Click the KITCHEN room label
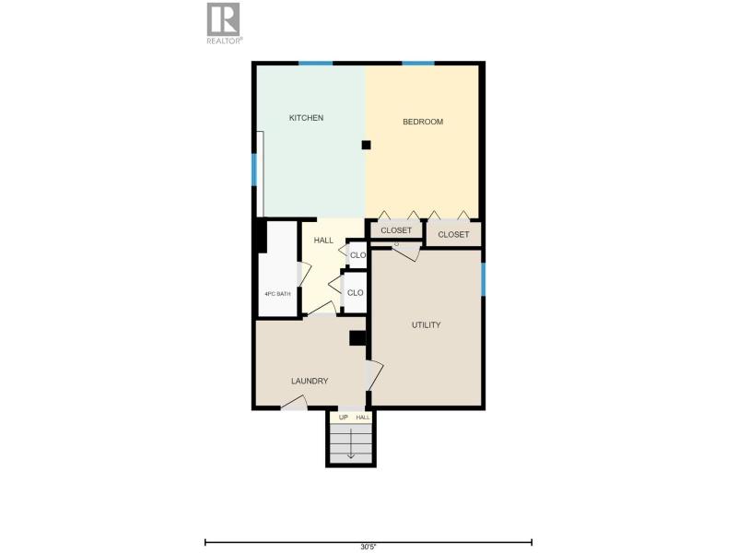(x=306, y=118)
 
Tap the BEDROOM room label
(x=423, y=122)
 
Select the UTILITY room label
(x=427, y=325)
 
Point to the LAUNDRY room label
(x=310, y=381)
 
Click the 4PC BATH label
(x=277, y=294)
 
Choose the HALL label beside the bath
(x=323, y=241)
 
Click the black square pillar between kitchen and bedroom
(x=366, y=145)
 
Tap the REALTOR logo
(x=224, y=24)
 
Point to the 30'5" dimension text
(x=368, y=547)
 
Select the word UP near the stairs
(x=344, y=418)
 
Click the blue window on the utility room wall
(x=483, y=279)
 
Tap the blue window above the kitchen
(x=316, y=63)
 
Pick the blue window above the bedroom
(x=418, y=63)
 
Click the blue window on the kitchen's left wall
(x=254, y=170)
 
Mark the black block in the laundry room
(x=357, y=338)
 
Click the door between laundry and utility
(x=374, y=375)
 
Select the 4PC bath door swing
(x=304, y=274)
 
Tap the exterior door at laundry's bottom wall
(x=294, y=403)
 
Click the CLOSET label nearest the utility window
(x=453, y=234)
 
